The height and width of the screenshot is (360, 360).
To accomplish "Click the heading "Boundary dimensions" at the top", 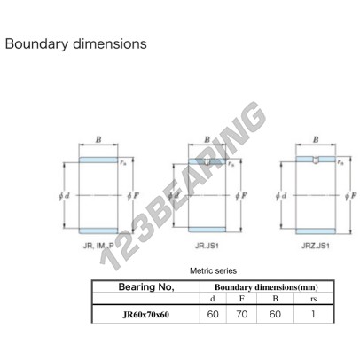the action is click(x=76, y=43).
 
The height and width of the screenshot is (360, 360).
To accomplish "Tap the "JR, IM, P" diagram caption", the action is click(x=98, y=246).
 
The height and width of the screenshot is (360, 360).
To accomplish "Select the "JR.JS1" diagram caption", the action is click(x=207, y=246).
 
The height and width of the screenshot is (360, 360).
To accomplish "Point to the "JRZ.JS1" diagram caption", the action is click(x=316, y=246).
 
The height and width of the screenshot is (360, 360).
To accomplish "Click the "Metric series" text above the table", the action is click(x=213, y=270).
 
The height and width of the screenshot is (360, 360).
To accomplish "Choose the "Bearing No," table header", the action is click(x=146, y=286).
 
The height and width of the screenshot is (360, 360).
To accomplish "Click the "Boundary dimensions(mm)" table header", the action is click(x=266, y=287).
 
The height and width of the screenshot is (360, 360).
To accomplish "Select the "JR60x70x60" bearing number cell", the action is click(x=146, y=315).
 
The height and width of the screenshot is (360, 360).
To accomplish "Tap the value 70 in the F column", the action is click(x=242, y=314).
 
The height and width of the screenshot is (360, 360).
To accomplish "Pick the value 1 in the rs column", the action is click(x=313, y=314).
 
